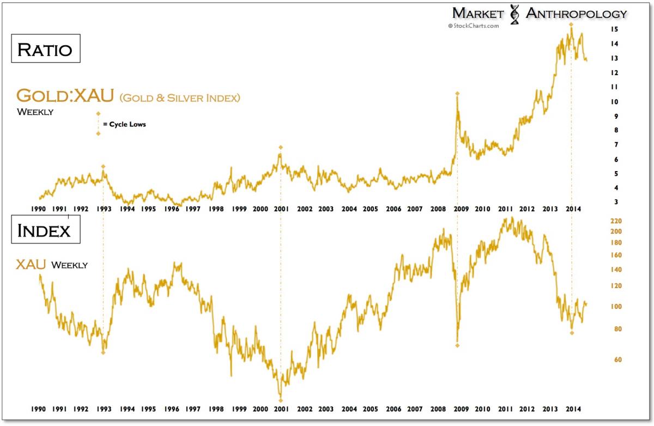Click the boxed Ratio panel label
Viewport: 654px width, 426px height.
pos(45,48)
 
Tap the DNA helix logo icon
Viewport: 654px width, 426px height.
pos(514,15)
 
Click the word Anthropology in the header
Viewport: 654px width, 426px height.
pos(576,14)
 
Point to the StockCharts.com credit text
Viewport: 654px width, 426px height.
pos(473,26)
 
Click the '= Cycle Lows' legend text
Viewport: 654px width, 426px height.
pos(124,124)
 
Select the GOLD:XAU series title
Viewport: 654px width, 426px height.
pos(65,96)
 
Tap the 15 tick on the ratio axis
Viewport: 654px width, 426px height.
pos(614,29)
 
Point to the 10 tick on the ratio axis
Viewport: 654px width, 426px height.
pos(614,102)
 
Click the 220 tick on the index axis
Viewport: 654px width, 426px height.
pos(617,221)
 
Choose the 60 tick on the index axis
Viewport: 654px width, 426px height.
pos(615,360)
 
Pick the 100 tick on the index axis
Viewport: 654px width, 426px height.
pos(617,307)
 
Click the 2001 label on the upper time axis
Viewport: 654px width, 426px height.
pos(281,209)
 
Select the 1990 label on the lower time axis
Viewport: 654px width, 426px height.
pos(37,408)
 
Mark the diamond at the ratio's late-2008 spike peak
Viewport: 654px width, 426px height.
pos(457,94)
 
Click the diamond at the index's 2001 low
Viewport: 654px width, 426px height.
pos(281,401)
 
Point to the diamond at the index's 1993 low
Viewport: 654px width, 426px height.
pos(103,352)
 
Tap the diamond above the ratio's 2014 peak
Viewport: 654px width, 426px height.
pos(571,25)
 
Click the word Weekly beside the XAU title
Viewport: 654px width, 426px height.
pos(69,265)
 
